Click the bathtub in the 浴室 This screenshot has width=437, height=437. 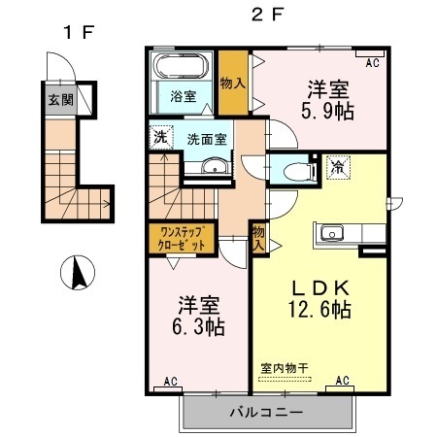coord(182,65)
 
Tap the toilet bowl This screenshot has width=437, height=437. coord(297,171)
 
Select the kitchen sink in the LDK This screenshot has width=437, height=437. coord(332,233)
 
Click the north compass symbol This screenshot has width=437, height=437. coord(78,273)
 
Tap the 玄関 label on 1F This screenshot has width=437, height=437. coord(61,100)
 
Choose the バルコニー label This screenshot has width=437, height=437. coord(267,413)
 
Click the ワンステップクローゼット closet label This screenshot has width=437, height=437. coord(182,238)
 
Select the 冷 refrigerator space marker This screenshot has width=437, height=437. coord(338,167)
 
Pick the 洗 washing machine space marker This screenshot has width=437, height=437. coord(161,137)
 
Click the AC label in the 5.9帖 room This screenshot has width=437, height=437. coord(372,63)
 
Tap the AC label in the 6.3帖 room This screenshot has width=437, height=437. coord(170,381)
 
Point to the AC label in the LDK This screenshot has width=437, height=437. coord(342,380)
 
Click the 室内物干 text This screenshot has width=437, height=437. coord(285,368)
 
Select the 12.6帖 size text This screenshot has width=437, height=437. coord(320,310)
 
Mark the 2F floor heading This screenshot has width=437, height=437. coord(267,15)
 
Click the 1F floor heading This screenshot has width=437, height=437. coord(79,32)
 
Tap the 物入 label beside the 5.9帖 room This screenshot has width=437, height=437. coord(233,84)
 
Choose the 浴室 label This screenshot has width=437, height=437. coord(184,96)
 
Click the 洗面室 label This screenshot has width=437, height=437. coord(207,139)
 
